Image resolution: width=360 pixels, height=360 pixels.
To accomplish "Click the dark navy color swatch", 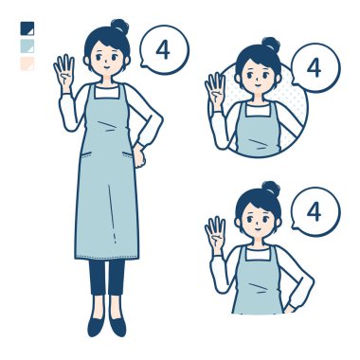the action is pyautogui.click(x=27, y=28).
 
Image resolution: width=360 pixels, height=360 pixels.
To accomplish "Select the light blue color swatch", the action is pyautogui.click(x=27, y=46).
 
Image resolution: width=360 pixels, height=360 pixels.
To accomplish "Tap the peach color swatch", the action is pyautogui.click(x=27, y=63).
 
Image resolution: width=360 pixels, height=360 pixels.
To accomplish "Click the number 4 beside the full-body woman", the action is pyautogui.click(x=163, y=50).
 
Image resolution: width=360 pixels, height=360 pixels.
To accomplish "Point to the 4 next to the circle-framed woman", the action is pyautogui.click(x=314, y=67).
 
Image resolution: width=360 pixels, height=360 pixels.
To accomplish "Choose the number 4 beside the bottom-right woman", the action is pyautogui.click(x=314, y=211).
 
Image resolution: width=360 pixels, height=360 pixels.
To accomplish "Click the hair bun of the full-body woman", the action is pyautogui.click(x=120, y=27).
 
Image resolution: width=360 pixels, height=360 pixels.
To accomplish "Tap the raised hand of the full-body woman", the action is pyautogui.click(x=64, y=72).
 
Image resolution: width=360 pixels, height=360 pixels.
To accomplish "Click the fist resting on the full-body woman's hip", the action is pyautogui.click(x=138, y=156).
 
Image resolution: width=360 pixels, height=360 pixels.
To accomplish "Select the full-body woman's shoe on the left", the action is pyautogui.click(x=96, y=324).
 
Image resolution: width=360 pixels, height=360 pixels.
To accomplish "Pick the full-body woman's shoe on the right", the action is pyautogui.click(x=117, y=324).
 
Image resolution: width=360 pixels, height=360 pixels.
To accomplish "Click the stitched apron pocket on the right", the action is pyautogui.click(x=128, y=154).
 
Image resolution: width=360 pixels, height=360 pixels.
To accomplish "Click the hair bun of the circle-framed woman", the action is pyautogui.click(x=271, y=45).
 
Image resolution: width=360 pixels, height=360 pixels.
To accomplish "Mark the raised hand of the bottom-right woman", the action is pyautogui.click(x=215, y=234).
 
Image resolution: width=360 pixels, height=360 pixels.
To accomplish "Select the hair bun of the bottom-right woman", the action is pyautogui.click(x=271, y=189).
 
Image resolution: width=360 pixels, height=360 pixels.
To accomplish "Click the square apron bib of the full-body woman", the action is pyautogui.click(x=107, y=92).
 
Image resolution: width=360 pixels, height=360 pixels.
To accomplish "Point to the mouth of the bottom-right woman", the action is pyautogui.click(x=258, y=229).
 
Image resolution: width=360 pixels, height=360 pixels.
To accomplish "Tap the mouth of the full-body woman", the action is pyautogui.click(x=107, y=67).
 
